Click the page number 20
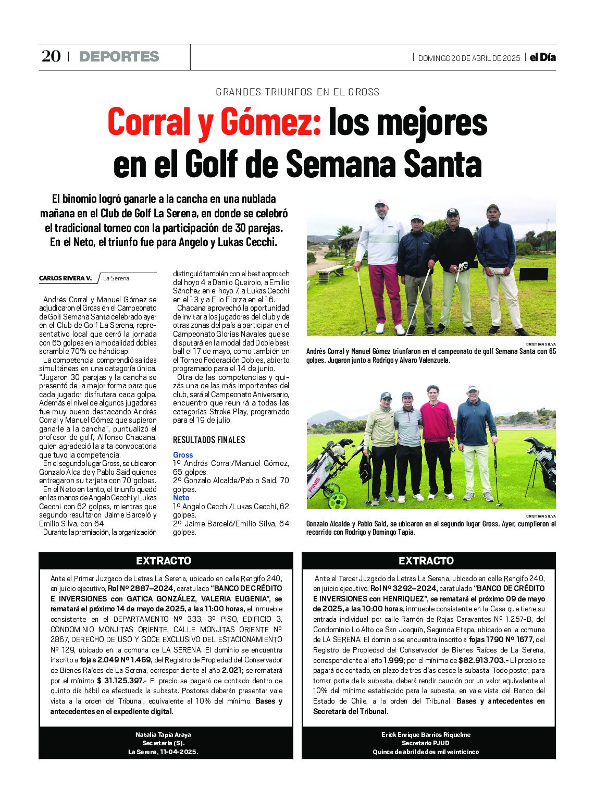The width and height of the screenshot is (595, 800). click(x=51, y=56)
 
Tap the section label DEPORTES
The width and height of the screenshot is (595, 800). click(x=119, y=56)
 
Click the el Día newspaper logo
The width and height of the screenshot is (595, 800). click(x=542, y=57)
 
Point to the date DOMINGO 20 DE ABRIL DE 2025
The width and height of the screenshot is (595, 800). click(x=469, y=58)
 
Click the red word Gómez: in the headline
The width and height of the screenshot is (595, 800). click(x=271, y=122)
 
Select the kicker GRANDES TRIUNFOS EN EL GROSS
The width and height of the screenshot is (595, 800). click(x=297, y=92)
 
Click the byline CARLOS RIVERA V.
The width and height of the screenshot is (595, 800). click(x=65, y=278)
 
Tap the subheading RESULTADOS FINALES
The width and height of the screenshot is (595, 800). click(x=209, y=440)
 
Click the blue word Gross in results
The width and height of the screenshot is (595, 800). click(x=183, y=455)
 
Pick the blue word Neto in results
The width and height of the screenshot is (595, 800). click(x=181, y=498)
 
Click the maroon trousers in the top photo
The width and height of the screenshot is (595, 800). click(x=386, y=292)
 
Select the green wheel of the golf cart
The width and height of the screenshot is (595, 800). click(x=338, y=501)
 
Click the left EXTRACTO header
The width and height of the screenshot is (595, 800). click(x=164, y=561)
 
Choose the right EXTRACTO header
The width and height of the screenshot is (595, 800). click(x=426, y=561)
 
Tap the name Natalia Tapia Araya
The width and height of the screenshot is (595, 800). click(x=163, y=735)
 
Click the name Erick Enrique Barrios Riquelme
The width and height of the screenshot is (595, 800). click(x=426, y=735)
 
